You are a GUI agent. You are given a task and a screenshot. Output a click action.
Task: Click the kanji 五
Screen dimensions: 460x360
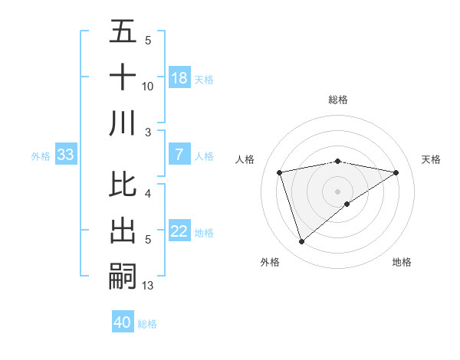tap(123, 33)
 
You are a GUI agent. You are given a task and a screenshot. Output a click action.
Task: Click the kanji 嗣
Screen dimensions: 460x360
tap(123, 275)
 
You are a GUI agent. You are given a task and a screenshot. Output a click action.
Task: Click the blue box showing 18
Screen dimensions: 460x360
tap(179, 78)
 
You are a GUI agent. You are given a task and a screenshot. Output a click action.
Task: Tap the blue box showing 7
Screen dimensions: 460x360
tap(179, 155)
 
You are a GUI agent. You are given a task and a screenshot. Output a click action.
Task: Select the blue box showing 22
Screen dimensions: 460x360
tap(179, 232)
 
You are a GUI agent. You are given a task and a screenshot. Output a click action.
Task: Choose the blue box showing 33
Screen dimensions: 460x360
tap(66, 155)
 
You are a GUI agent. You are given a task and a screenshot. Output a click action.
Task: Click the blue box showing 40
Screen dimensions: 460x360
tap(123, 322)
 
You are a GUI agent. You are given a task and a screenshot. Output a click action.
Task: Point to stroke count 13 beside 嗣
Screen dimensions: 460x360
tap(148, 286)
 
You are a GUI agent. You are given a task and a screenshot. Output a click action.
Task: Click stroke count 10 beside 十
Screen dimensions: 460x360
tap(148, 87)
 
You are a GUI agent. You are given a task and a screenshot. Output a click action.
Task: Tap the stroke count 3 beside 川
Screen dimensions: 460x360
tap(148, 132)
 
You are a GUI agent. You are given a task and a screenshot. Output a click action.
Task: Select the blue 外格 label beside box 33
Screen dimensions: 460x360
tap(41, 156)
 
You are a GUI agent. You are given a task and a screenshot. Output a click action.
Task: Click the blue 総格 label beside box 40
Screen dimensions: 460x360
tap(147, 324)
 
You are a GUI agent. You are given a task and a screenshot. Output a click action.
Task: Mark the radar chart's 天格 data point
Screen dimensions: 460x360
tap(396, 172)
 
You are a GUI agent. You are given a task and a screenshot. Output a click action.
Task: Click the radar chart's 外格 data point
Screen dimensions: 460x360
tap(301, 242)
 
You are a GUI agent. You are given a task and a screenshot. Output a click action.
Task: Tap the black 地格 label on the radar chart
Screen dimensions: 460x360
tap(402, 262)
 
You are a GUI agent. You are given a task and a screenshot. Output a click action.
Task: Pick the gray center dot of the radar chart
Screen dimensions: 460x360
tap(337, 190)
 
